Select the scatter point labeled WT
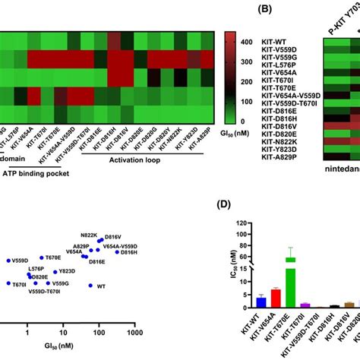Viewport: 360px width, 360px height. (90, 286)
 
